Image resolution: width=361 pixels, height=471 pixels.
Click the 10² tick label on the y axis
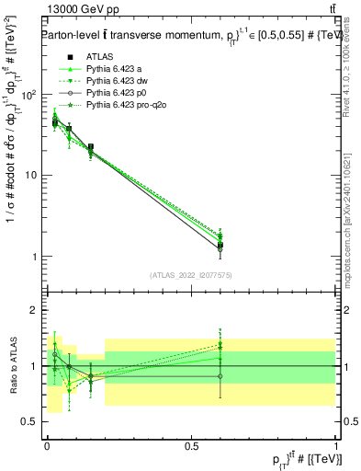[x=28, y=95]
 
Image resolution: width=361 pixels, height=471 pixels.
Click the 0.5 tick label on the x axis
[x=192, y=444]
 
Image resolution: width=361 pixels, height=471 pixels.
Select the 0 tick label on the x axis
[x=47, y=444]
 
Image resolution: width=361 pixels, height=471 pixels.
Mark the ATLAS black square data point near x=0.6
[x=220, y=246]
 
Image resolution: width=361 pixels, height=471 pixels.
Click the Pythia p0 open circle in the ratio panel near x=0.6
[x=220, y=376]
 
